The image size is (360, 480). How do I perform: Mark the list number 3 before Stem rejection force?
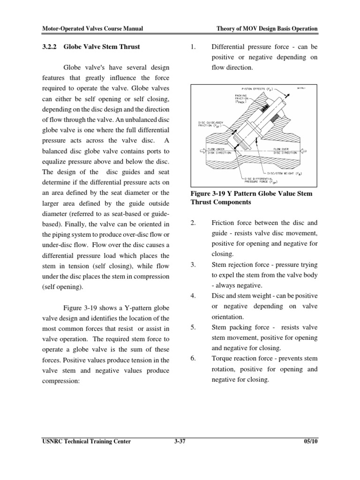click(x=193, y=265)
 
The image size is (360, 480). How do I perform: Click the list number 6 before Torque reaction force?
click(x=193, y=359)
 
